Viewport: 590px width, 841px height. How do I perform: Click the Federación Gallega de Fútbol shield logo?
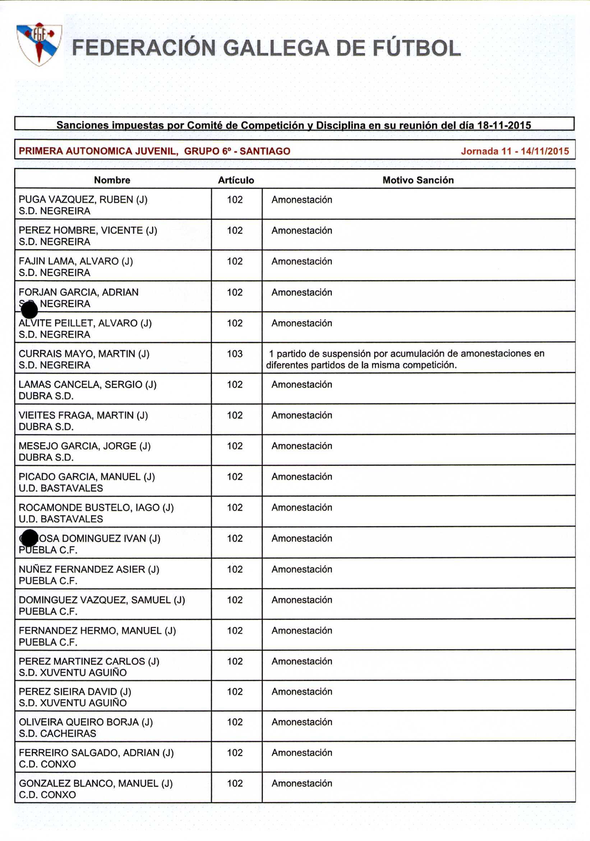pyautogui.click(x=39, y=44)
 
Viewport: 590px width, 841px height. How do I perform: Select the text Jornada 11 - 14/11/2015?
pyautogui.click(x=515, y=151)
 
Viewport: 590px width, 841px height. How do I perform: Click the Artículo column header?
pyautogui.click(x=236, y=180)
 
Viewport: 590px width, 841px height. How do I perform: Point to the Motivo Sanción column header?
pyautogui.click(x=418, y=180)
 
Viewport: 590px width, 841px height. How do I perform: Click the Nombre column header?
pyautogui.click(x=112, y=180)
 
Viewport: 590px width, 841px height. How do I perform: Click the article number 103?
pyautogui.click(x=235, y=354)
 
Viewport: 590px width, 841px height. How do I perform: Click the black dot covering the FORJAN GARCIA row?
pyautogui.click(x=29, y=311)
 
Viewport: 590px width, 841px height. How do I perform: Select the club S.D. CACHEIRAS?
pyautogui.click(x=57, y=733)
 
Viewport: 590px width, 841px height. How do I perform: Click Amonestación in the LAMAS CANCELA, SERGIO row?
pyautogui.click(x=302, y=385)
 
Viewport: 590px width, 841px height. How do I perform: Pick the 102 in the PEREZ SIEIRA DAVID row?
pyautogui.click(x=235, y=691)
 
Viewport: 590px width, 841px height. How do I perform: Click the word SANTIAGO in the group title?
pyautogui.click(x=265, y=151)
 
